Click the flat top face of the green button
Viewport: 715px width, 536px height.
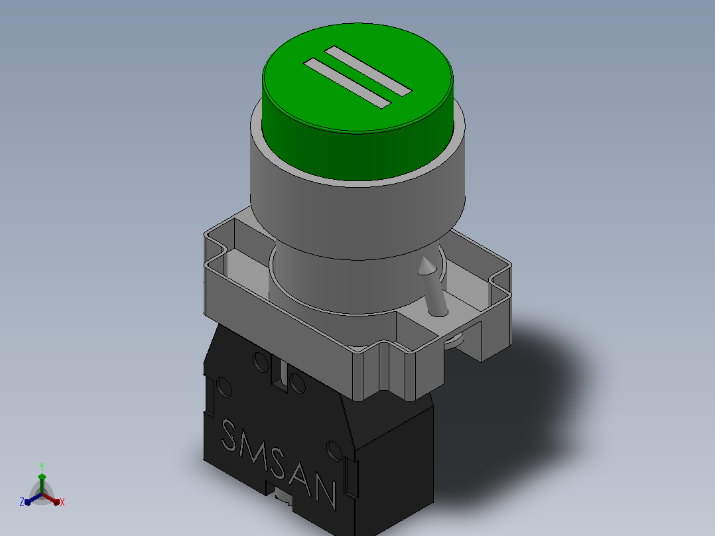click(357, 78)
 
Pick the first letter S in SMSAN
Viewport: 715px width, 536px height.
click(229, 436)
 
